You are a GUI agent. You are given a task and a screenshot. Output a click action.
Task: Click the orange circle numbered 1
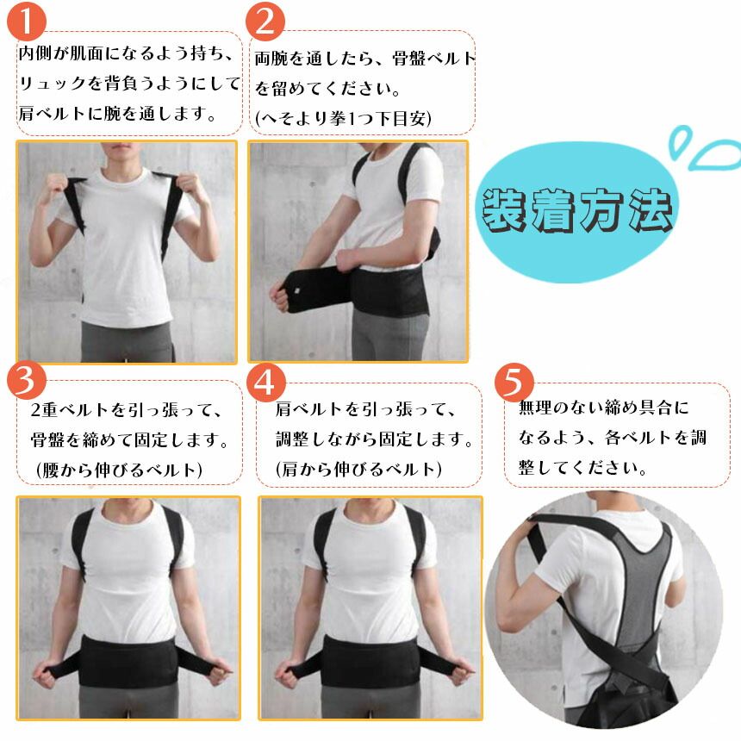(27, 21)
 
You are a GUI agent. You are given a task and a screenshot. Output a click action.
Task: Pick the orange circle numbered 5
(514, 382)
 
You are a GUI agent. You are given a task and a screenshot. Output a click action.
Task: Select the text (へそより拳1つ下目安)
(343, 116)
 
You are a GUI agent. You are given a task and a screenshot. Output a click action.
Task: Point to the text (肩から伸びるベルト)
(358, 470)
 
